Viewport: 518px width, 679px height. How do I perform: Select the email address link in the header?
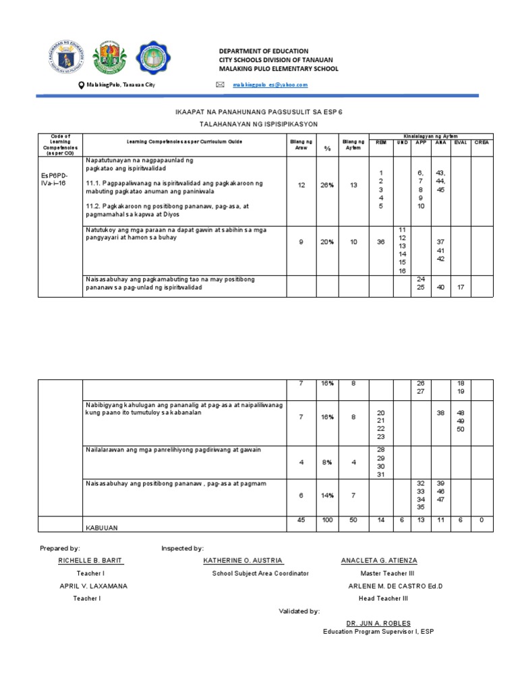(270, 85)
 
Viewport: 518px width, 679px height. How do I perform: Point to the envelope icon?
(219, 85)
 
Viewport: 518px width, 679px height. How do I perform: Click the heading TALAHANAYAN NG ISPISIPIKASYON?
(259, 125)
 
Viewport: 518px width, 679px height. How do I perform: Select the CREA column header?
(482, 142)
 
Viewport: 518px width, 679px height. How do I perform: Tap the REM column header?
(381, 142)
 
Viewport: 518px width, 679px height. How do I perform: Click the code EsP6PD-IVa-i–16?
(53, 180)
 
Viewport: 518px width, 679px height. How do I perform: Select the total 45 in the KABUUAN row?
(301, 520)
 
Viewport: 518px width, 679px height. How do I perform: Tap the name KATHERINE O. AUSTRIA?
(243, 561)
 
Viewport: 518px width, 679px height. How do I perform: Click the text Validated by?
(299, 611)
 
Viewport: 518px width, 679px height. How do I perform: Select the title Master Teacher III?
(380, 573)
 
